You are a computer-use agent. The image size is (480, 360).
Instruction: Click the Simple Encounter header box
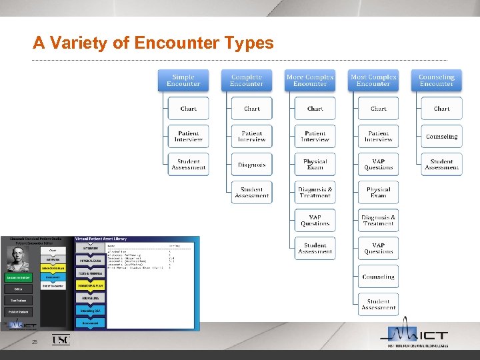(183, 81)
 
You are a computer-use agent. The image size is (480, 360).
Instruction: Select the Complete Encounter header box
(247, 81)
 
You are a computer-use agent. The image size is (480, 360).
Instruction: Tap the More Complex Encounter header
(310, 81)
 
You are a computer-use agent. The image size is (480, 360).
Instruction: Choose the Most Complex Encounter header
(373, 81)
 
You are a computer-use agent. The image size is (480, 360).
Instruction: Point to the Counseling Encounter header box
(437, 81)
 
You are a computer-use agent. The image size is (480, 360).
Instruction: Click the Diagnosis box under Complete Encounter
(252, 165)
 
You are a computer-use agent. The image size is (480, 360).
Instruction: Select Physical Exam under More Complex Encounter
(315, 165)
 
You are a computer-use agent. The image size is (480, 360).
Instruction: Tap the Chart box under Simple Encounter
(189, 109)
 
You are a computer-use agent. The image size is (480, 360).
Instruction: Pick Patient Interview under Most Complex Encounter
(379, 137)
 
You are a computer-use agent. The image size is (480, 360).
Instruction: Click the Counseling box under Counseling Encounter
(442, 137)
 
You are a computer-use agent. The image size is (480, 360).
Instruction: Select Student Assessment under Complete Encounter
(252, 193)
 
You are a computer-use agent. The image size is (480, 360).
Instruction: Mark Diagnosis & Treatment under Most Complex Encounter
(379, 221)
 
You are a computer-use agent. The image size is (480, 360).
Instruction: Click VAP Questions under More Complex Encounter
(315, 221)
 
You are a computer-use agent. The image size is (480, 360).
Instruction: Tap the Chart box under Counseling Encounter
(442, 109)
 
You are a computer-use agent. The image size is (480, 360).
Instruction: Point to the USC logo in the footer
(61, 340)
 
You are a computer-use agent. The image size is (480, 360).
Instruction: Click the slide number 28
(35, 342)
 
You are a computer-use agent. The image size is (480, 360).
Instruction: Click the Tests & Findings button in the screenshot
(90, 273)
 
